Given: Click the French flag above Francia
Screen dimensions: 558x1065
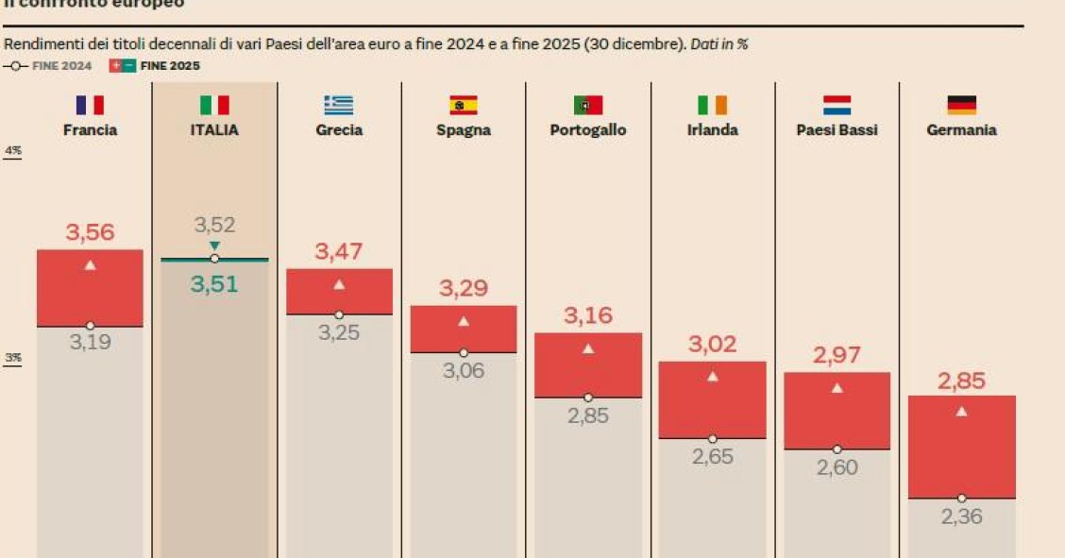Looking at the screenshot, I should [x=90, y=105].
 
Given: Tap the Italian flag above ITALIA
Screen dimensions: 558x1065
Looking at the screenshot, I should [x=214, y=105].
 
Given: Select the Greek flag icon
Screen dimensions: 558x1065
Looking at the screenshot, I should [x=338, y=105].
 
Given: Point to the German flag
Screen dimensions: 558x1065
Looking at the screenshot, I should [x=961, y=105].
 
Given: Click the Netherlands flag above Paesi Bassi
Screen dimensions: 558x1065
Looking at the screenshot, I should [x=837, y=105].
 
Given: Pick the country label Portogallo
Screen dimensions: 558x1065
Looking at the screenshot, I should [x=588, y=130].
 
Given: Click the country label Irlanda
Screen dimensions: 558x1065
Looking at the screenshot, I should [x=712, y=130].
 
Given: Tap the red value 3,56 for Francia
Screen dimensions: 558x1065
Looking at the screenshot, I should [x=90, y=232].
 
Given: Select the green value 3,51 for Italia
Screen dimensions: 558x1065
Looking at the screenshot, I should [x=214, y=284].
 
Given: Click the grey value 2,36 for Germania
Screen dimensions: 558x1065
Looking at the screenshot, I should [x=961, y=516].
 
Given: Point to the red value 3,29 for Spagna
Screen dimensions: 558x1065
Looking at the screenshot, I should [x=463, y=289].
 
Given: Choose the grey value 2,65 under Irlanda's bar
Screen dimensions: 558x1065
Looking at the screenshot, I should [x=712, y=457].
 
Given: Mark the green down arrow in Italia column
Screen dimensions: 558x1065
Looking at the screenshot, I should [x=214, y=245].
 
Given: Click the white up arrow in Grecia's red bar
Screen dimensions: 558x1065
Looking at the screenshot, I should [x=339, y=284].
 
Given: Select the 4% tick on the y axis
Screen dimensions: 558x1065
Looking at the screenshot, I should [x=13, y=151].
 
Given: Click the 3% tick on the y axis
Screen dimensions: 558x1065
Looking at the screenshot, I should [x=13, y=358].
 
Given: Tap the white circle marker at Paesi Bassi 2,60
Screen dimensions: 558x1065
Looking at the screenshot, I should [x=837, y=449].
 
